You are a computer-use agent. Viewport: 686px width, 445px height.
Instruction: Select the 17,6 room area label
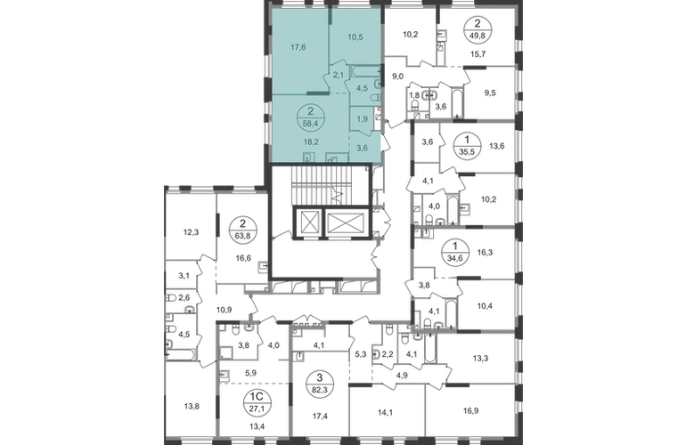click(298, 47)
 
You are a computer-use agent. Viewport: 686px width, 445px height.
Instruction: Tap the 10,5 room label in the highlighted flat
click(355, 37)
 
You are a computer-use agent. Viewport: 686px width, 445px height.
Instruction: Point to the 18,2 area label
click(311, 142)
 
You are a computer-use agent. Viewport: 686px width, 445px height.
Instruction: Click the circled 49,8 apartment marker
click(478, 30)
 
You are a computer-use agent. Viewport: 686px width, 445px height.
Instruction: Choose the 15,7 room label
click(478, 53)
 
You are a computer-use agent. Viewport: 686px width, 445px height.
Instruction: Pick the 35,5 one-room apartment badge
click(468, 146)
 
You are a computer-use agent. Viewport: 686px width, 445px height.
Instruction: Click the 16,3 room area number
click(485, 252)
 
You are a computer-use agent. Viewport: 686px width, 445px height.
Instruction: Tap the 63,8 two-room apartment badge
click(243, 231)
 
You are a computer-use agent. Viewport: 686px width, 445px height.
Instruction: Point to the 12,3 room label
click(191, 232)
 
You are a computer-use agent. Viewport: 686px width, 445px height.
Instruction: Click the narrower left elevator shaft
click(309, 222)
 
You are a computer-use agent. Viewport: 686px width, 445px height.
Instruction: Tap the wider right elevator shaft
click(346, 222)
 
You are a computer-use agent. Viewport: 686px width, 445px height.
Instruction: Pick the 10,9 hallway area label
click(224, 310)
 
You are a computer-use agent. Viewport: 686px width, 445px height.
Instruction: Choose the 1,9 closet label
click(362, 118)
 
